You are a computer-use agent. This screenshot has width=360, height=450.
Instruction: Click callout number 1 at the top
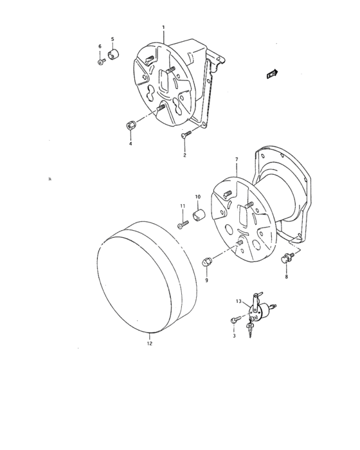pyautogui.click(x=163, y=28)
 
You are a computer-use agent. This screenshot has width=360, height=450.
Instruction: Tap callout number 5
pyautogui.click(x=113, y=39)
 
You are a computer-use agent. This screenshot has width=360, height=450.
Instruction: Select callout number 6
pyautogui.click(x=100, y=46)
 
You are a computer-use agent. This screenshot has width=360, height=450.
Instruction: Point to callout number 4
pyautogui.click(x=130, y=144)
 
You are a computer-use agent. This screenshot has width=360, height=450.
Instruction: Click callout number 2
pyautogui.click(x=184, y=156)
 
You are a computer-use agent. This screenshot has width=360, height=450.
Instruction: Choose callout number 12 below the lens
pyautogui.click(x=149, y=343)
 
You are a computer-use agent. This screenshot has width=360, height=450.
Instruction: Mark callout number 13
pyautogui.click(x=238, y=301)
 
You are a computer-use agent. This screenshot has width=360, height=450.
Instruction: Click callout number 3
pyautogui.click(x=234, y=336)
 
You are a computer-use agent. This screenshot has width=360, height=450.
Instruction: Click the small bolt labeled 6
pyautogui.click(x=102, y=62)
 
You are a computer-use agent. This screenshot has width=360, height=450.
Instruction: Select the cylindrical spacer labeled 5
pyautogui.click(x=116, y=55)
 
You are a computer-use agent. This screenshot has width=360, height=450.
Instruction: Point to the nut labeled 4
pyautogui.click(x=130, y=124)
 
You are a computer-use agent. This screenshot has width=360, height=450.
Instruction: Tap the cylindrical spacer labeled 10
pyautogui.click(x=199, y=214)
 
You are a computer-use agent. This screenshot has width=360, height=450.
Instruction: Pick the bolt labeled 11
pyautogui.click(x=183, y=224)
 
